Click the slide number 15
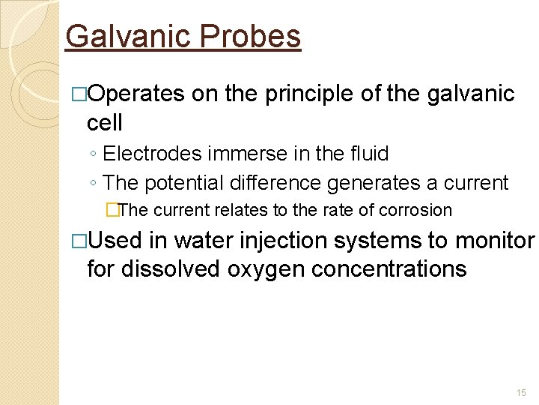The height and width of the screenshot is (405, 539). pos(521,393)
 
